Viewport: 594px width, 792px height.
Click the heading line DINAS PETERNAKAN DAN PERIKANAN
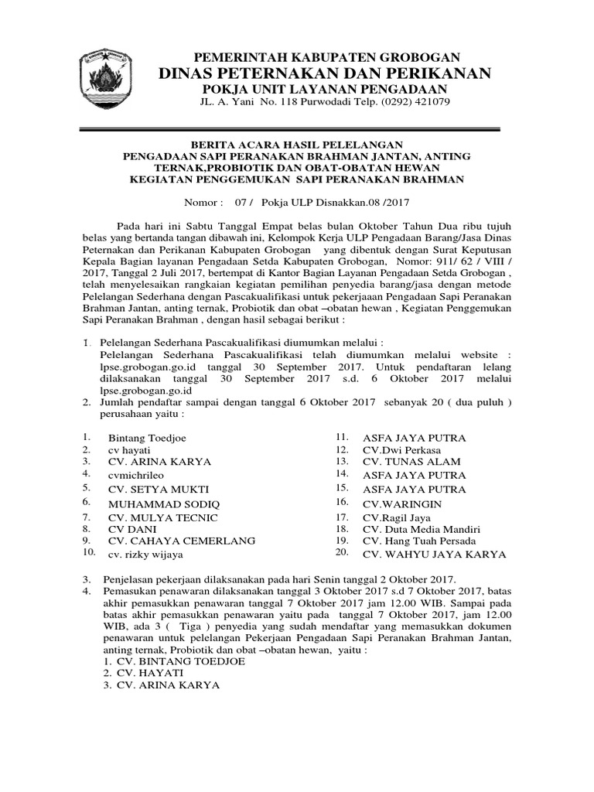[x=325, y=73]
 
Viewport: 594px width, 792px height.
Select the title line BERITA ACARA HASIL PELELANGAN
[x=298, y=144]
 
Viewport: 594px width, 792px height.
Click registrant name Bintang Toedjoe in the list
[x=147, y=438]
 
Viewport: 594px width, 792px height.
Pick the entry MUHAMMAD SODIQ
[x=160, y=502]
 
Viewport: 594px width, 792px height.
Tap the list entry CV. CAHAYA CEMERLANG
[x=182, y=541]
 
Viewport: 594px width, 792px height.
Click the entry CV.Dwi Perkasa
[x=402, y=449]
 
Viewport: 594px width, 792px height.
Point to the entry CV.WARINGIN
[x=402, y=503]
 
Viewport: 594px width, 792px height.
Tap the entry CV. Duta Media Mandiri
[x=422, y=528]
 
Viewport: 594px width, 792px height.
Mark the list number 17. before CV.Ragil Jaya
[x=342, y=516]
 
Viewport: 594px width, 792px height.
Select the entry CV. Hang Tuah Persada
[x=419, y=541]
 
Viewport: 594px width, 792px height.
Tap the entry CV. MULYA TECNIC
[x=163, y=516]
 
